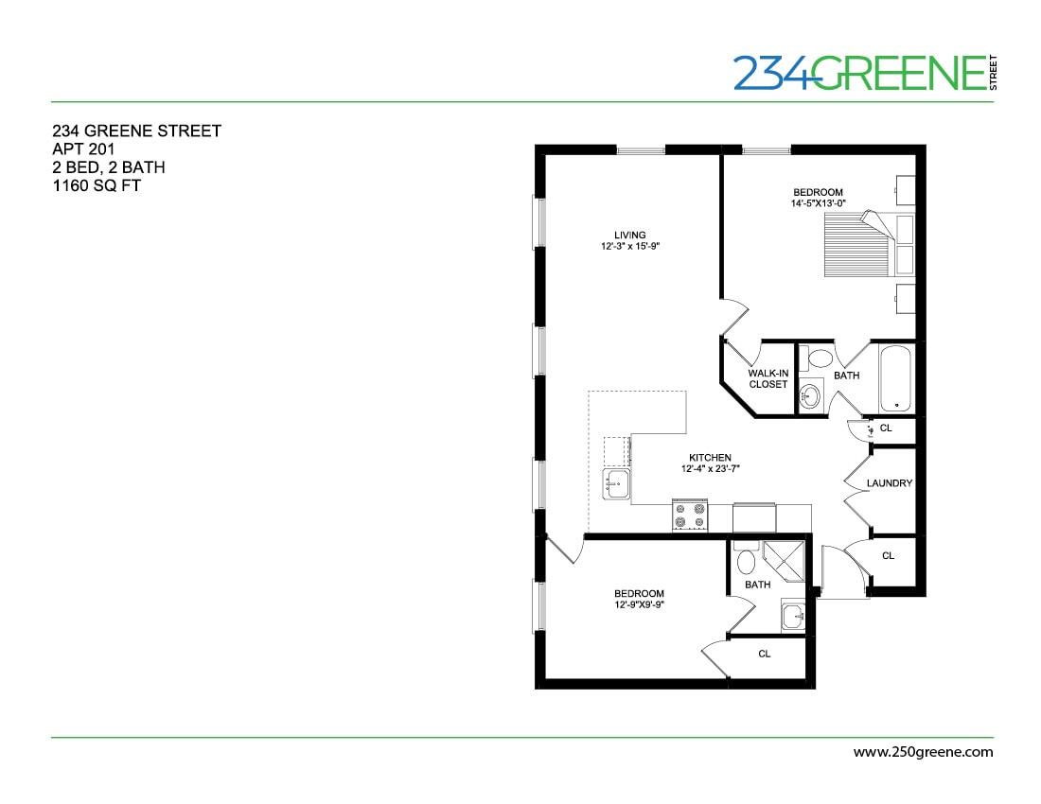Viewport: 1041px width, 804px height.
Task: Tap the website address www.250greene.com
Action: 923,753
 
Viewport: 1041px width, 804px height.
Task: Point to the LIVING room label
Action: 628,235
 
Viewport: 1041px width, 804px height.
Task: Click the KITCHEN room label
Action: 710,458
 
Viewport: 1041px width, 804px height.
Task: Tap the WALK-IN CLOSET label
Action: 768,378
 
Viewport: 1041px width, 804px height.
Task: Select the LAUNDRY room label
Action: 889,483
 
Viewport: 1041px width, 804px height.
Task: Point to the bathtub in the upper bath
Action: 895,378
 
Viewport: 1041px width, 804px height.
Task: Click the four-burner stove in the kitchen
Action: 690,516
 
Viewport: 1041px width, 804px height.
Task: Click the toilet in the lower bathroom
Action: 746,561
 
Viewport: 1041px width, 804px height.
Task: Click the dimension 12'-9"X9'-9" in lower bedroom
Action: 639,605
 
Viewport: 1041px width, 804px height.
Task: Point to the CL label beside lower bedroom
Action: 764,653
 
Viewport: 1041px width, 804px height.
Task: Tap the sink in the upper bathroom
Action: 810,396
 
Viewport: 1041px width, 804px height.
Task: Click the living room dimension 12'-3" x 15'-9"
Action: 628,247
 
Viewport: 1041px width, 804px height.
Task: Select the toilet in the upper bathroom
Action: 820,358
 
